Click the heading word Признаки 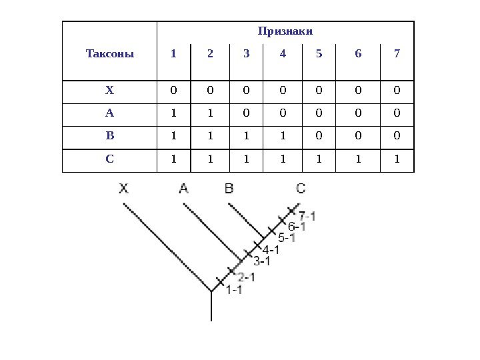tap(285, 31)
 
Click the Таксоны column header tap(110, 53)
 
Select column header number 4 tap(283, 53)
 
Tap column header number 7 tap(397, 53)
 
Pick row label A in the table tap(110, 113)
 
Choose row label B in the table tap(110, 137)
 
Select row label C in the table tap(110, 160)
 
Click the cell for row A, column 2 tap(211, 113)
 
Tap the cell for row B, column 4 tap(283, 137)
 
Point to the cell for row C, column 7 tap(397, 160)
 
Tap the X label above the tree tap(124, 189)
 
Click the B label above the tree tap(229, 189)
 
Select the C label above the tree tap(301, 189)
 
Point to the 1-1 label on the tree tap(234, 289)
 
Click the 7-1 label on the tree tap(307, 216)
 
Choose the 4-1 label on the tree tap(271, 251)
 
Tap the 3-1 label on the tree tap(261, 261)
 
